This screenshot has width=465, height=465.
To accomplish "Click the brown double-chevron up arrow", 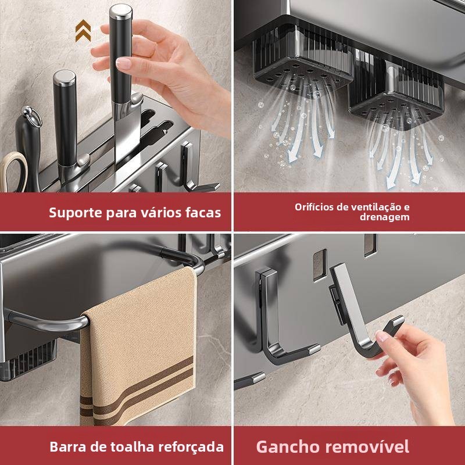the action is click(83, 31).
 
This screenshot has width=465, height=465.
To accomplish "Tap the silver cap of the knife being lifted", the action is click(121, 12).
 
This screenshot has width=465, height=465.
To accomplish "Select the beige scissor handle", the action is click(13, 171).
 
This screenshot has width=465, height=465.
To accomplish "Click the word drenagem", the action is click(385, 217).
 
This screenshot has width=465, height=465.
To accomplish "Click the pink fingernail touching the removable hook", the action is click(381, 337).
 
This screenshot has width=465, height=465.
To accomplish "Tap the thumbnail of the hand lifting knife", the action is click(123, 63).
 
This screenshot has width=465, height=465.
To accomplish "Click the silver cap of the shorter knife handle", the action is click(65, 78).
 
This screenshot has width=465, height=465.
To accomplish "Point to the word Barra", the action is click(68, 446).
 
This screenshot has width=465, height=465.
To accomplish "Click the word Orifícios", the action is click(314, 207).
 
